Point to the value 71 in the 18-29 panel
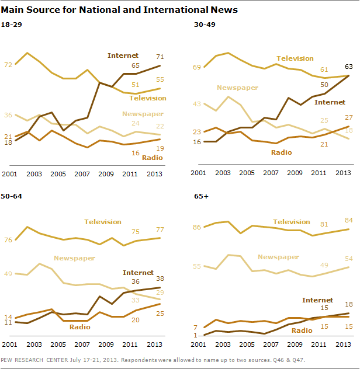tap(158, 56)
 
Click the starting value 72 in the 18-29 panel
tap(8, 65)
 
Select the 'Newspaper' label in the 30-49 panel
tap(237, 88)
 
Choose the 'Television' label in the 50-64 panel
tap(103, 222)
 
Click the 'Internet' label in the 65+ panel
tap(317, 300)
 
